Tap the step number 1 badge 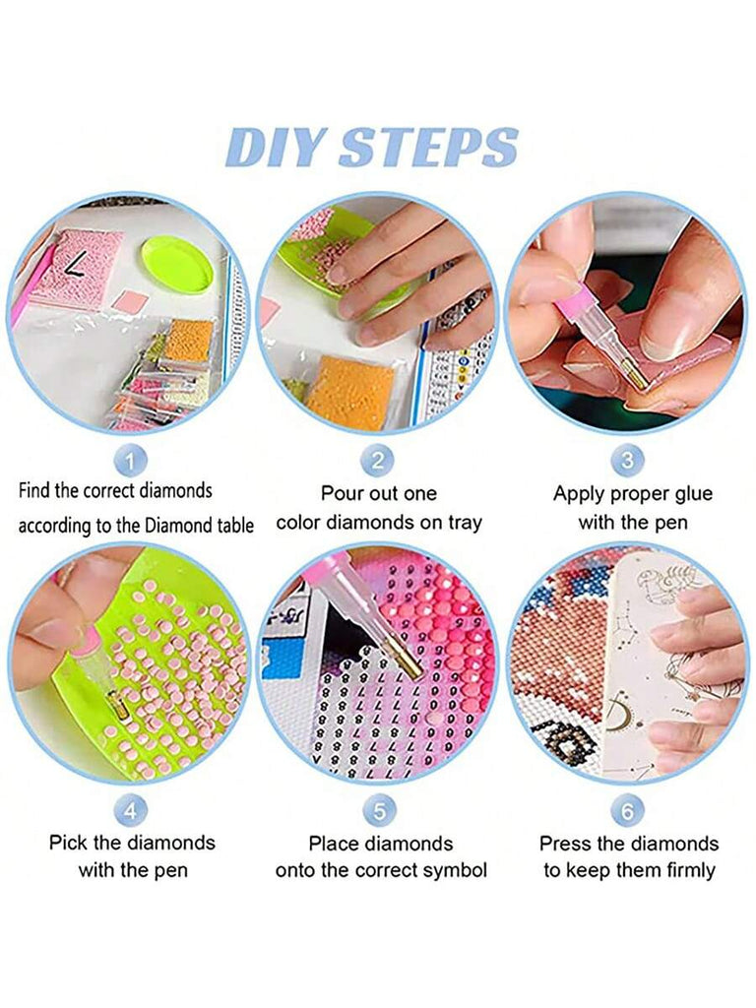click(131, 461)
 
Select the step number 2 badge click(378, 461)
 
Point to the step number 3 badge click(627, 461)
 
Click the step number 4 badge click(131, 811)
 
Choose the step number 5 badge click(379, 811)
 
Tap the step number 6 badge click(627, 811)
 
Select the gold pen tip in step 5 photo click(410, 662)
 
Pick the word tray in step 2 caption click(465, 524)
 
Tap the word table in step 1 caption click(235, 526)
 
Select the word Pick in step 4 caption click(68, 843)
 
